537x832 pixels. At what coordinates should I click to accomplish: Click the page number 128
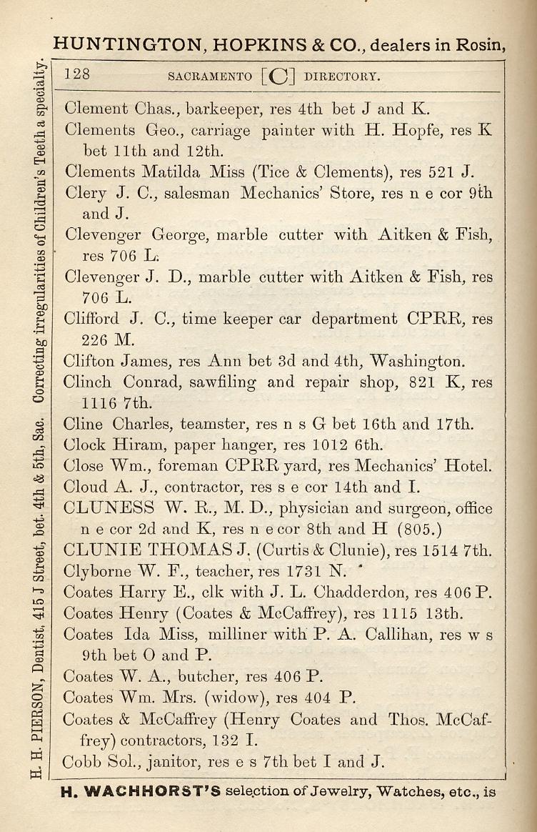point(77,74)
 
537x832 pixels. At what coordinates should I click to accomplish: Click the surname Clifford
point(91,319)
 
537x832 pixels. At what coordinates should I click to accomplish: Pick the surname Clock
point(84,445)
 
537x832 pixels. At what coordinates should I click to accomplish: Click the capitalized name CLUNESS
point(109,509)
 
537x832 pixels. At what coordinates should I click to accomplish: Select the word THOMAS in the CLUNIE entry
point(196,551)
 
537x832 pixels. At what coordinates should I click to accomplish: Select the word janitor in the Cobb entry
point(171,762)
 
